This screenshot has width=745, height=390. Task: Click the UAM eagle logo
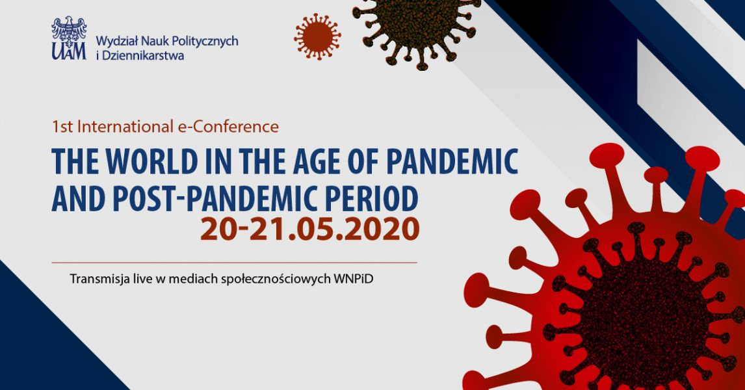point(70,38)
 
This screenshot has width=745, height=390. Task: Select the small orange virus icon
point(317,36)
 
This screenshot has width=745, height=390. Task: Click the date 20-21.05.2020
point(310,229)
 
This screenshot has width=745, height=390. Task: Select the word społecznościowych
point(276,279)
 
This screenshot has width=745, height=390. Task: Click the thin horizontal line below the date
point(234,262)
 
